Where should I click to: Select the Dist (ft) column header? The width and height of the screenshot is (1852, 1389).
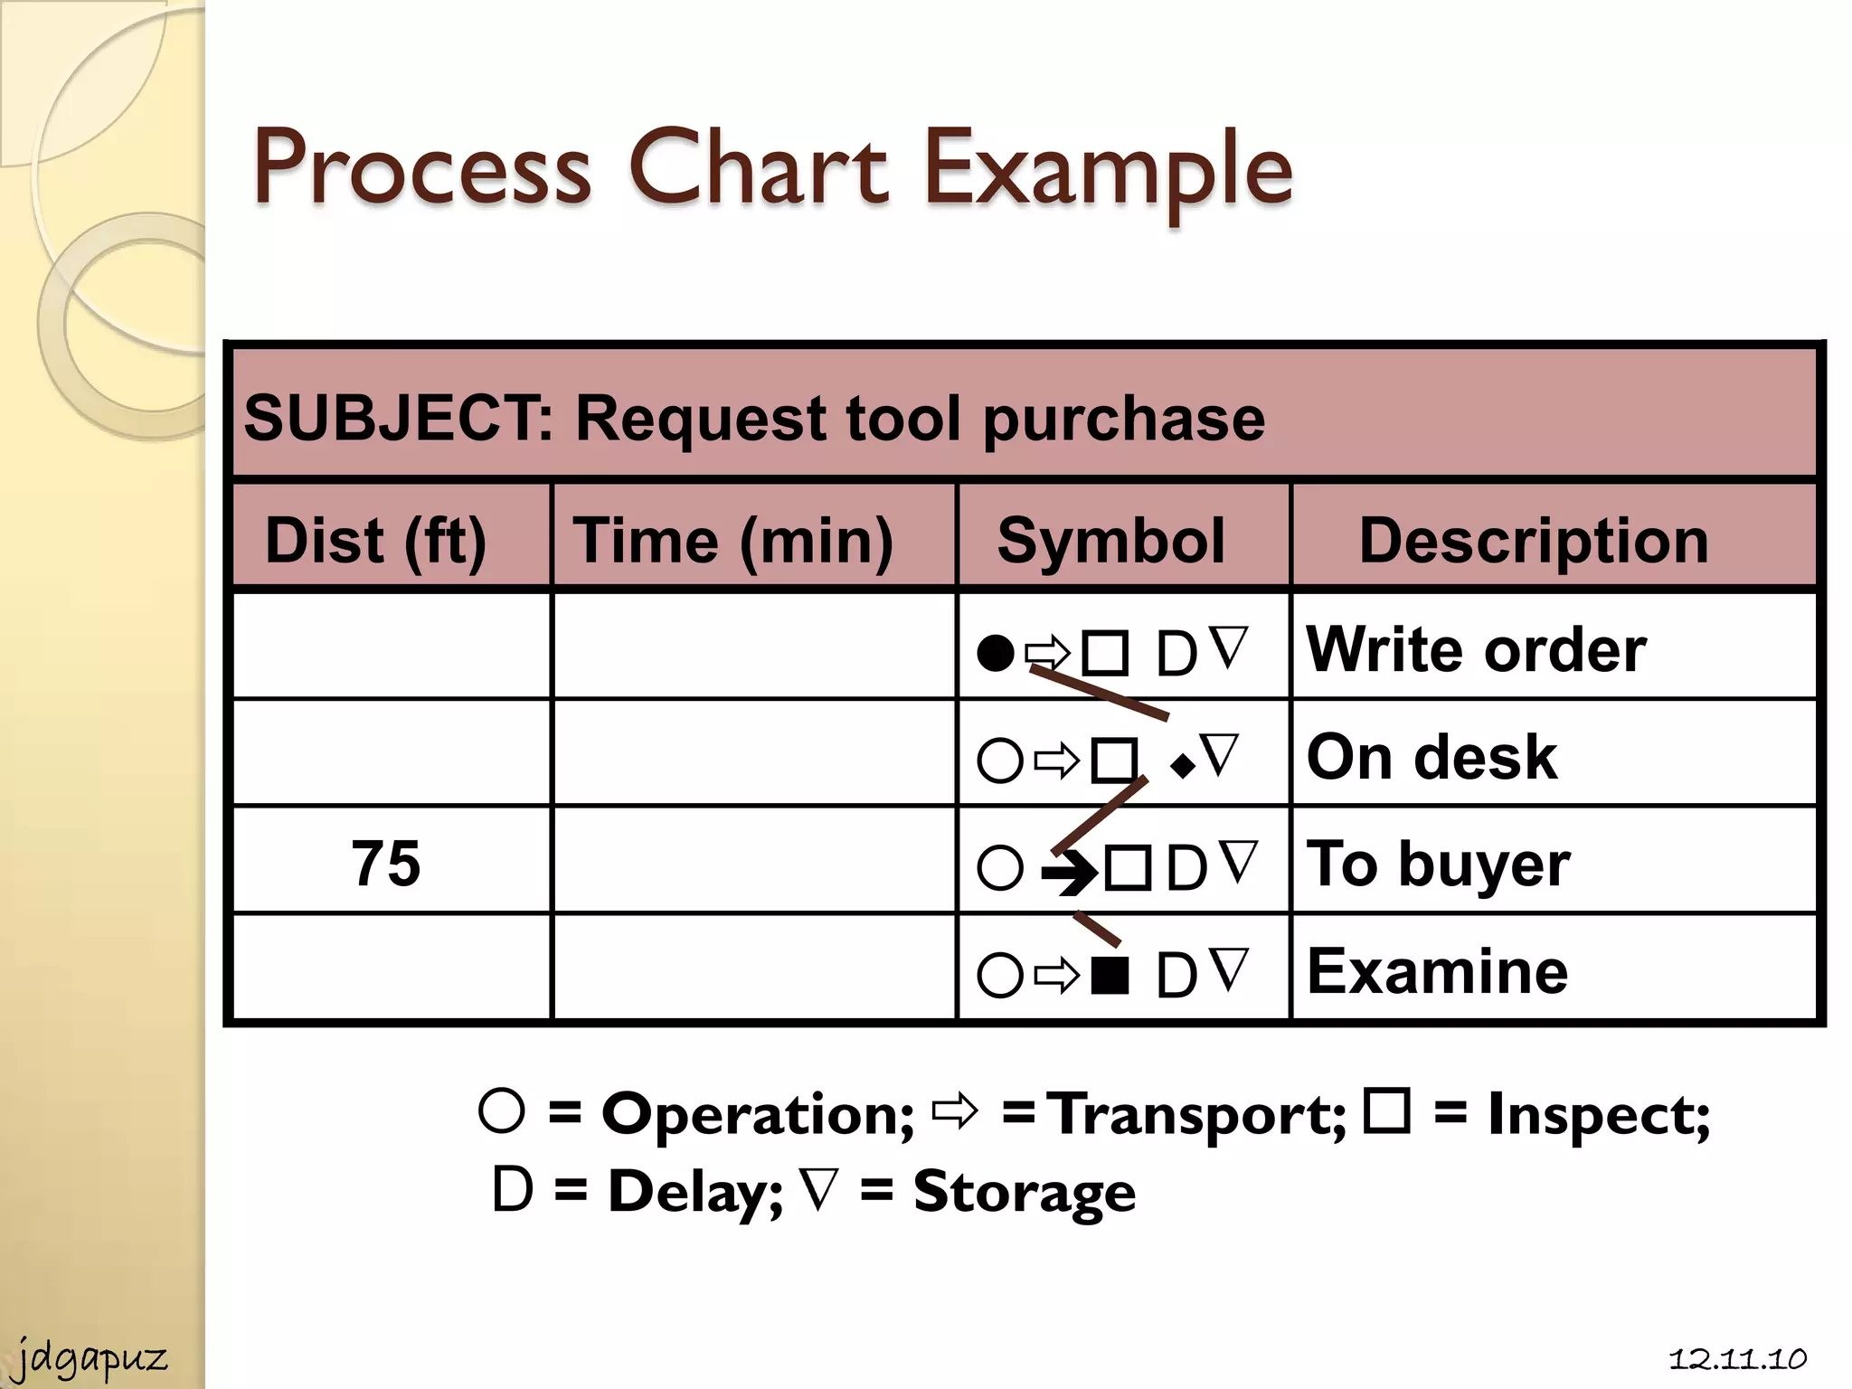pyautogui.click(x=375, y=540)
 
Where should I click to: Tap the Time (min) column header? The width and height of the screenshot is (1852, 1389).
pyautogui.click(x=733, y=540)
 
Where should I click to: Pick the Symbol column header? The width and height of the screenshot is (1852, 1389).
pyautogui.click(x=1110, y=540)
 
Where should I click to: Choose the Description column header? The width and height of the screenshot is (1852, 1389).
pyautogui.click(x=1534, y=540)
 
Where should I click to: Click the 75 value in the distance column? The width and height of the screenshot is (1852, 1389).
pyautogui.click(x=386, y=863)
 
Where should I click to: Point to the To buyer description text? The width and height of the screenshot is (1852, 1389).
pyautogui.click(x=1438, y=864)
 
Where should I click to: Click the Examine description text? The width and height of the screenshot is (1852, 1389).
pyautogui.click(x=1438, y=971)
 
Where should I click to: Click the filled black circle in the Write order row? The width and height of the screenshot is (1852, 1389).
pyautogui.click(x=996, y=653)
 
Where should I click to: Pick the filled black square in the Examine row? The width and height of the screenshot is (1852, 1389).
pyautogui.click(x=1110, y=975)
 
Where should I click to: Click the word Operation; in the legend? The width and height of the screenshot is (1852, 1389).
pyautogui.click(x=758, y=1113)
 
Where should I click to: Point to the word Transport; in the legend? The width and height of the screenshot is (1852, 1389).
pyautogui.click(x=1199, y=1113)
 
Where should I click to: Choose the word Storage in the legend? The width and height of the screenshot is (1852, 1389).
pyautogui.click(x=1024, y=1191)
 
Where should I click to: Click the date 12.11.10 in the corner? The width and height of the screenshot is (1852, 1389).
pyautogui.click(x=1737, y=1358)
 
